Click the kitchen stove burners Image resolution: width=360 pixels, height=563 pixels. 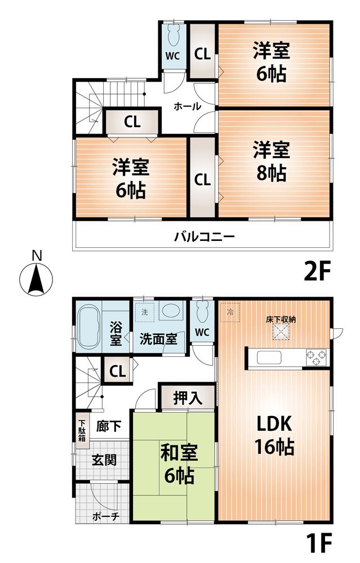[x=315, y=356]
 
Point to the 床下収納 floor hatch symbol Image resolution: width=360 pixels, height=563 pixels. [x=281, y=333]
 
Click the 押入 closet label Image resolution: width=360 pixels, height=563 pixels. [x=186, y=397]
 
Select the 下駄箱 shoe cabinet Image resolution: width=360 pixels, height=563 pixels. [x=82, y=432]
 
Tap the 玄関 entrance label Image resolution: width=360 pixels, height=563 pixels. [x=104, y=459]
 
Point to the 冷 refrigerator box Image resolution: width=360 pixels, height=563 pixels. [x=230, y=311]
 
